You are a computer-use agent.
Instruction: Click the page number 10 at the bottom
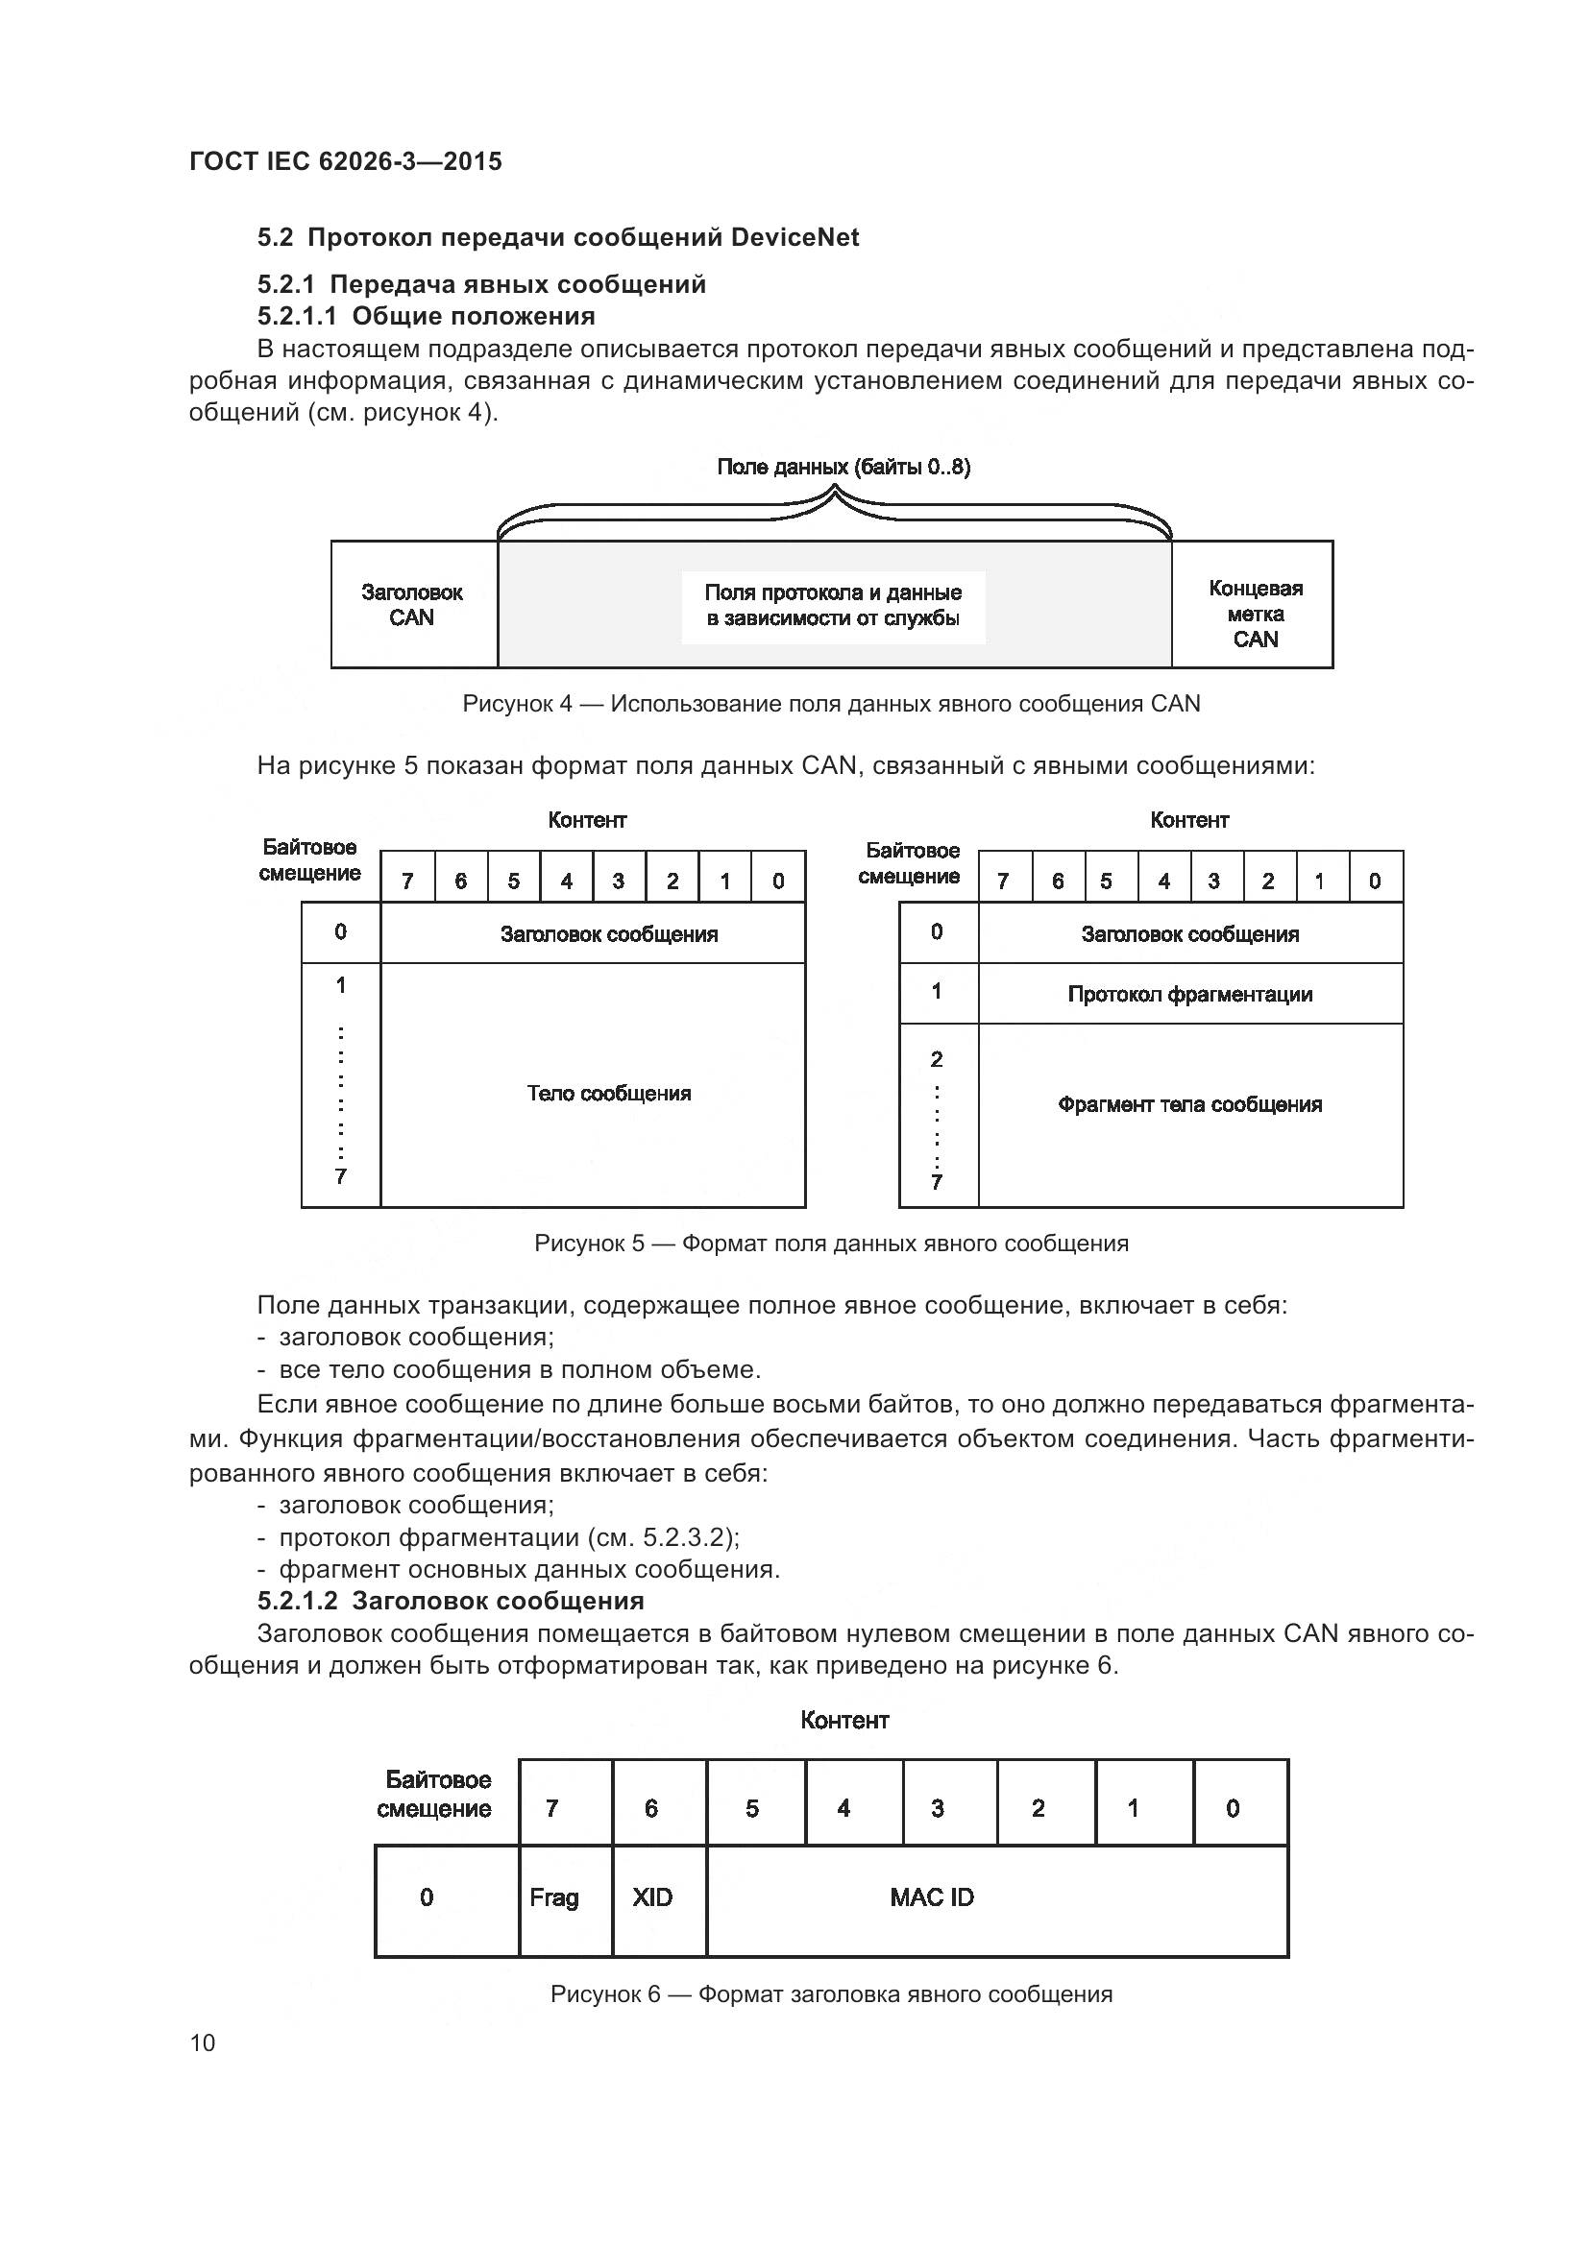point(203,2042)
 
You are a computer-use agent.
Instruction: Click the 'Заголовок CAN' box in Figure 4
point(413,605)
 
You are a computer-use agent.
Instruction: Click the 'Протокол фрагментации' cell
point(1188,994)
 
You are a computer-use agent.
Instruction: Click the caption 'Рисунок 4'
point(831,704)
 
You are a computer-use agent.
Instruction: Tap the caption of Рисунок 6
point(831,1993)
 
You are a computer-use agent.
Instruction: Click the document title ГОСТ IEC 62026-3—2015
point(346,161)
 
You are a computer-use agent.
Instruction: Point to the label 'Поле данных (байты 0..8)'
point(843,467)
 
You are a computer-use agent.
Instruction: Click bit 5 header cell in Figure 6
point(753,1809)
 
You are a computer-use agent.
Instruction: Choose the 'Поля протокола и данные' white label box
point(833,607)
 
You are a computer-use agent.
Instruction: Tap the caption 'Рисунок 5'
point(831,1244)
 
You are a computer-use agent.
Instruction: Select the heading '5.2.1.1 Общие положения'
point(426,316)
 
